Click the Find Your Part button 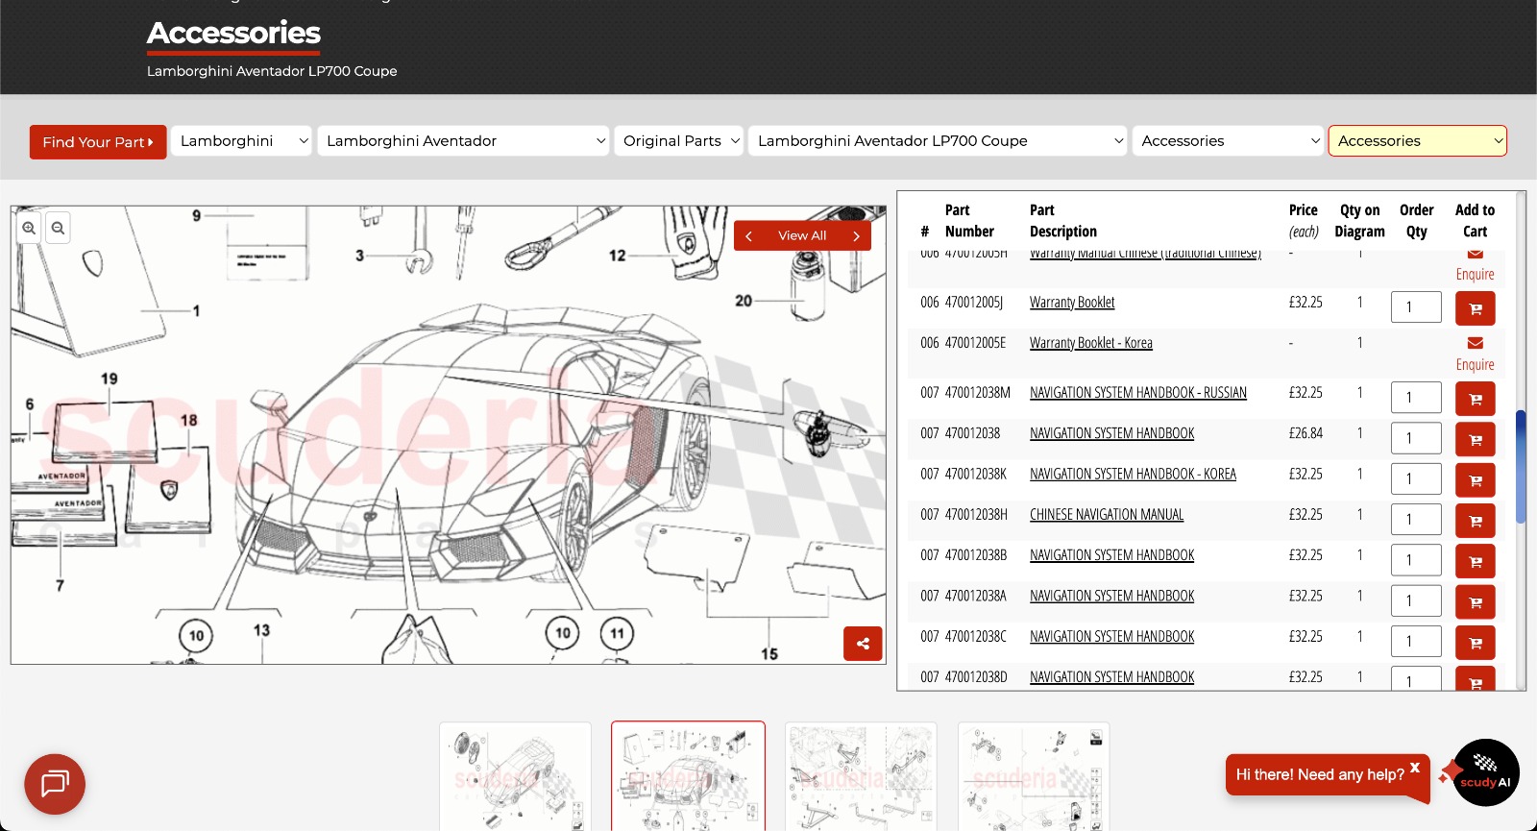(97, 142)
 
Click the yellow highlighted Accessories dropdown (1417, 141)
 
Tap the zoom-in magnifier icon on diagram (29, 229)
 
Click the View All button (802, 235)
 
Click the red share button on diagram (863, 644)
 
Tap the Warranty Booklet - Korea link (1090, 343)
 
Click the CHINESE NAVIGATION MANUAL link (1106, 515)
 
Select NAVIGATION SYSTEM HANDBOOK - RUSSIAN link (1137, 393)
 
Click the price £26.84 (1305, 433)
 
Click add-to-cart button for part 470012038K (1475, 480)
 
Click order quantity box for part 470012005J (1415, 307)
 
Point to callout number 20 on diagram (744, 301)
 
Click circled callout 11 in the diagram (617, 633)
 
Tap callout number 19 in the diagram (110, 379)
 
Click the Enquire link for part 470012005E (1475, 364)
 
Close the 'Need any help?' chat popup (1414, 767)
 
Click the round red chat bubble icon (55, 784)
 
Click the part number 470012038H (976, 515)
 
